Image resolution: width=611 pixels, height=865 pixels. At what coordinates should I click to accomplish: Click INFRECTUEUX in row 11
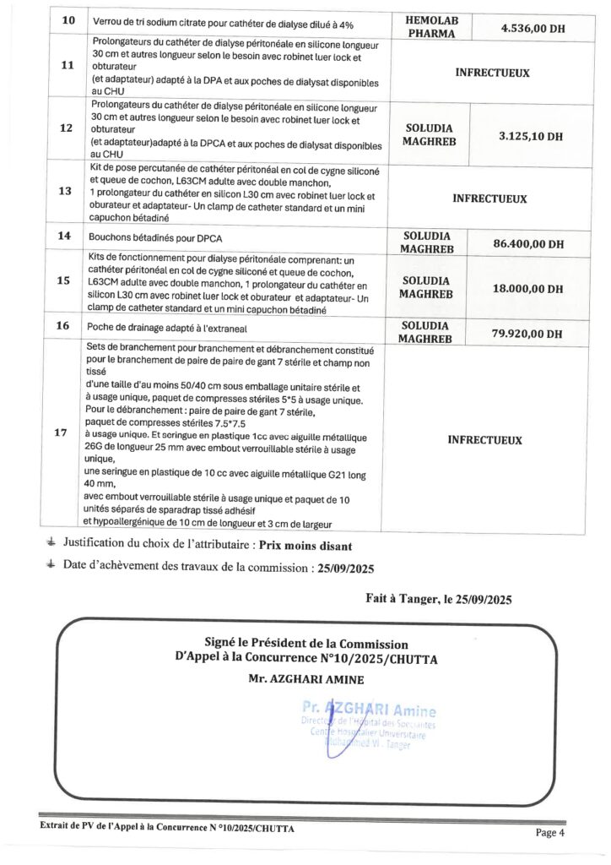tap(492, 73)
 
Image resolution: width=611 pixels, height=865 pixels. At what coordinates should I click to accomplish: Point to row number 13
tap(63, 192)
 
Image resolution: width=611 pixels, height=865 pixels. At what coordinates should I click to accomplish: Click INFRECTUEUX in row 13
tap(489, 199)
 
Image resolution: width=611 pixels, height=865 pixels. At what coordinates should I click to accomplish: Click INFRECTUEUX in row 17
tap(484, 440)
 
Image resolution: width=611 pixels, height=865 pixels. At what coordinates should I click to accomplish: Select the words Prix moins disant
tap(306, 546)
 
